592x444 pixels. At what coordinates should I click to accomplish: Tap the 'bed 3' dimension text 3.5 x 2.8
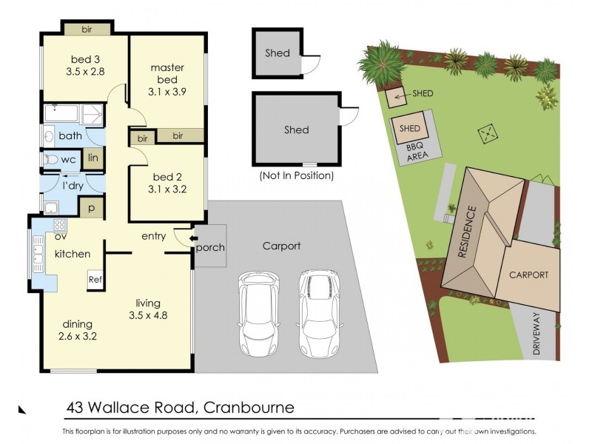click(86, 72)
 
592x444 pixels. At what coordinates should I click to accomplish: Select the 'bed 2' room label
click(166, 176)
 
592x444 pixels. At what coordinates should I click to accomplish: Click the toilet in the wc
click(50, 159)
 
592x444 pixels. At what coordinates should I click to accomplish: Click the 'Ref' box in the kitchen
click(95, 280)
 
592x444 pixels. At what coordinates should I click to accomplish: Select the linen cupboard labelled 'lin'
click(92, 158)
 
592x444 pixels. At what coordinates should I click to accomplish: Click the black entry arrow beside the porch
click(193, 238)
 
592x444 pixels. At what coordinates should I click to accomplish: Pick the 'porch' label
click(211, 247)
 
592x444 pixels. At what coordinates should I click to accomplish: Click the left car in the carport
click(258, 314)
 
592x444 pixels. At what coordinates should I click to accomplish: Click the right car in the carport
click(317, 314)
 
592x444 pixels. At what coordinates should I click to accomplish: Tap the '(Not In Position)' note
click(295, 176)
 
